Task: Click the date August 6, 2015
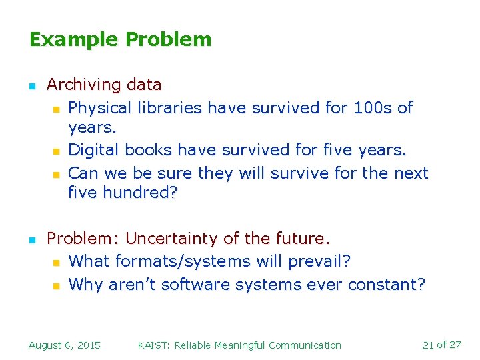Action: click(65, 345)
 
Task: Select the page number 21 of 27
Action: click(441, 345)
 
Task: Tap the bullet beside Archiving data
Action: click(31, 86)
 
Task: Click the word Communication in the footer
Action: click(304, 345)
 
